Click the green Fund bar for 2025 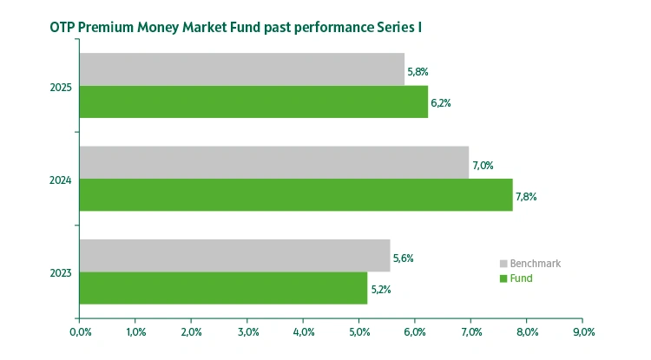click(253, 101)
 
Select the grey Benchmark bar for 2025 click(241, 69)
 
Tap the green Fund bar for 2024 click(296, 195)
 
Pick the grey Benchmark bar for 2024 click(273, 162)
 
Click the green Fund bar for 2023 click(223, 288)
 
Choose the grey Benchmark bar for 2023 click(234, 256)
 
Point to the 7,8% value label click(526, 197)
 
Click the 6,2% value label click(440, 103)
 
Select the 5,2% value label click(380, 290)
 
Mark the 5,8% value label click(418, 71)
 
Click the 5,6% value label click(404, 258)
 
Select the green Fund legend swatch click(503, 278)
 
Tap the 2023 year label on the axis click(61, 273)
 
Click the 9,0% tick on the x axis click(582, 331)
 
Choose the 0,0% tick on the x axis click(79, 331)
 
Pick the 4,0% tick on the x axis click(303, 331)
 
